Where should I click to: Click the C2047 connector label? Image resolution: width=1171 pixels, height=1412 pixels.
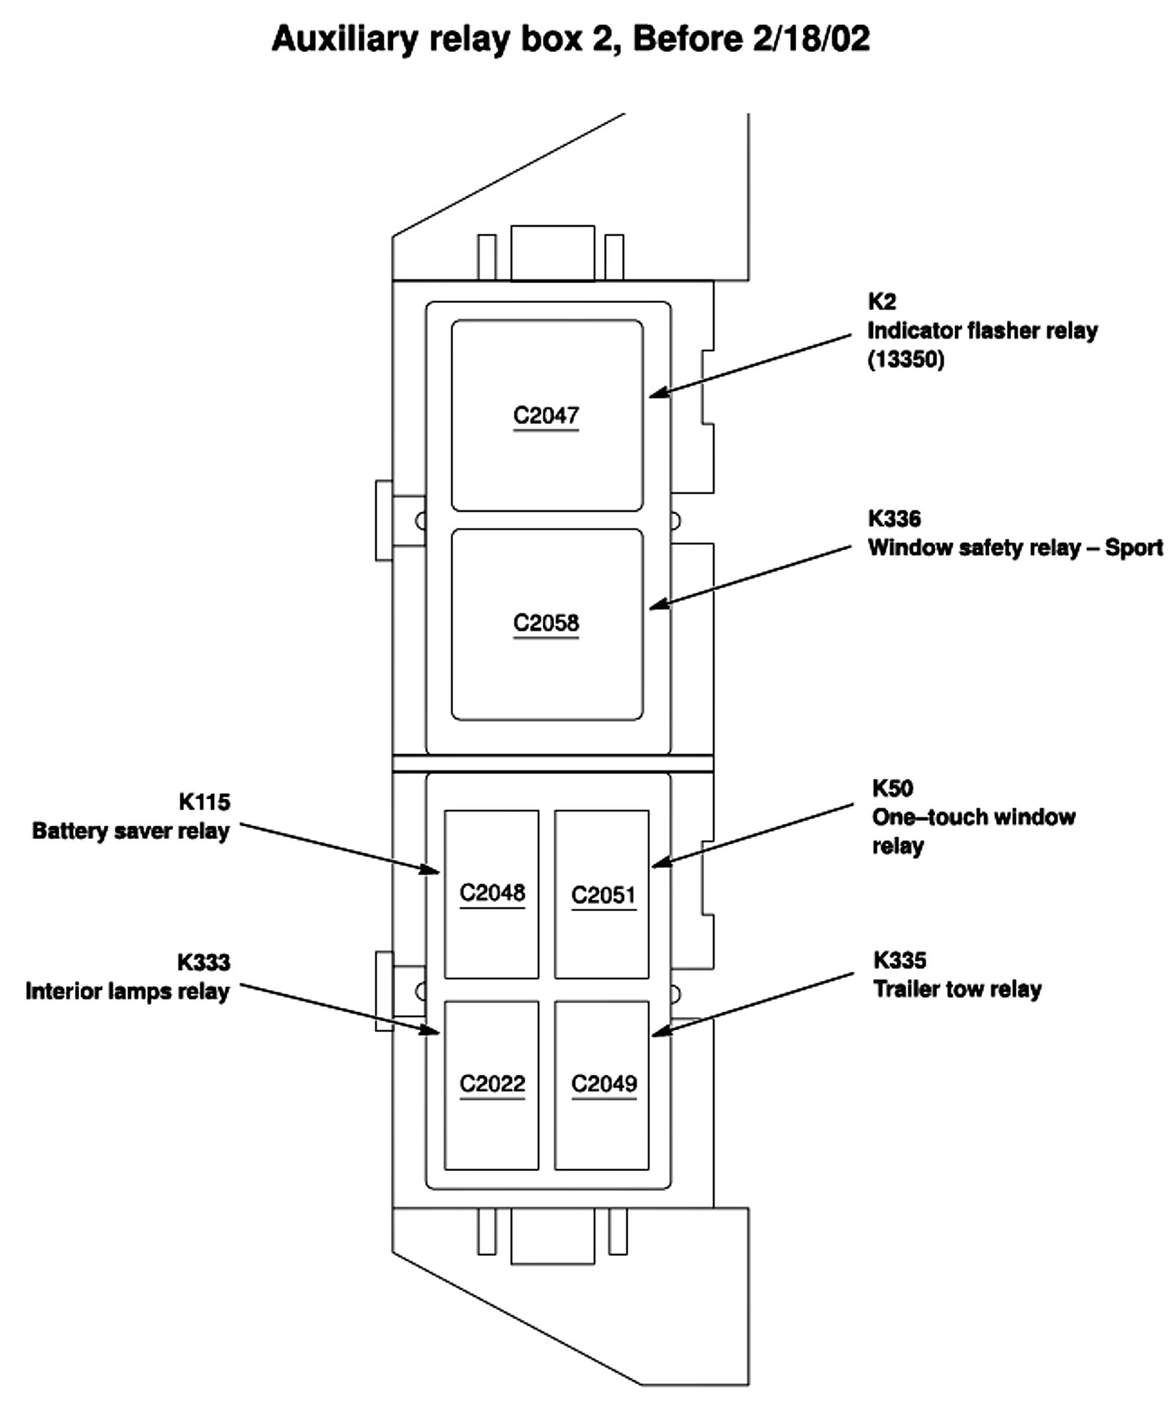[x=546, y=415]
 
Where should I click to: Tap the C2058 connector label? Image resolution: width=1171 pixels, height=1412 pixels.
[x=546, y=623]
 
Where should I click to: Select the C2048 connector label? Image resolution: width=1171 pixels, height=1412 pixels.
[x=492, y=892]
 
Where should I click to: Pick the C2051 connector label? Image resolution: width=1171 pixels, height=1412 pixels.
[x=603, y=895]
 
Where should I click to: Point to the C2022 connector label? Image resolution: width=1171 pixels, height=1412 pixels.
[x=492, y=1083]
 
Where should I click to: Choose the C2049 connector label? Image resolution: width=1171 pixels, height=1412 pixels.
[x=603, y=1083]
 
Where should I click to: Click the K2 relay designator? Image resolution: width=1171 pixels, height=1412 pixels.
[x=881, y=302]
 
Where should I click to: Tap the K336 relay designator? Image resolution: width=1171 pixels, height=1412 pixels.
[x=894, y=518]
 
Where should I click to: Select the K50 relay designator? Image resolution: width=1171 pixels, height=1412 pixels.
[x=891, y=788]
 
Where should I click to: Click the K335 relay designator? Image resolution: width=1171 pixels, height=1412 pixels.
[x=899, y=960]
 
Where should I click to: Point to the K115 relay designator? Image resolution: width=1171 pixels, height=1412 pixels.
[x=204, y=802]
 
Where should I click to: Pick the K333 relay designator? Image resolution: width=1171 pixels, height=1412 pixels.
[x=203, y=962]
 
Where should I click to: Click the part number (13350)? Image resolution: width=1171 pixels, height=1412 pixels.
[x=906, y=359]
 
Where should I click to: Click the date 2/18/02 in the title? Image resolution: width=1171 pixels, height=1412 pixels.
[x=811, y=38]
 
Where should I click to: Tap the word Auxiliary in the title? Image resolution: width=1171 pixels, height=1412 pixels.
[x=344, y=38]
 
